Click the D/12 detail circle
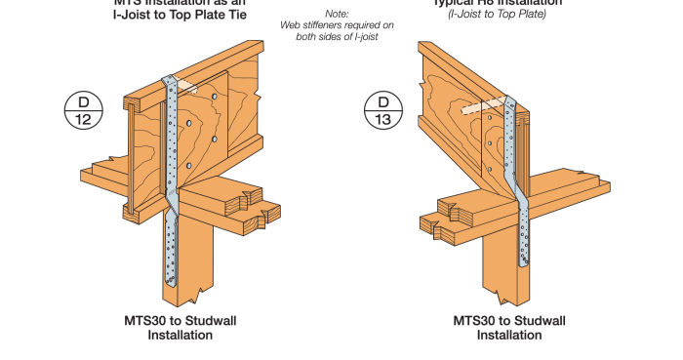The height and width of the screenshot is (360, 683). [x=83, y=110]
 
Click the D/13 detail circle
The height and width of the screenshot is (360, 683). [x=383, y=110]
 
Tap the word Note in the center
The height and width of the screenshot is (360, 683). [x=337, y=14]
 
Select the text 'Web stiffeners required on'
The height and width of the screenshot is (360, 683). [x=337, y=24]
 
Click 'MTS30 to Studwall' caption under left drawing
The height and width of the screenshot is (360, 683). [x=181, y=320]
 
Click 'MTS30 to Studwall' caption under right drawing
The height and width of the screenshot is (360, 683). [x=509, y=320]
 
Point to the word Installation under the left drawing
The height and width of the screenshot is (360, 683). [x=181, y=335]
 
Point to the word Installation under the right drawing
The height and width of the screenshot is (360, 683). [x=509, y=335]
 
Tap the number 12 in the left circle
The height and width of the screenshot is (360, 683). [x=83, y=119]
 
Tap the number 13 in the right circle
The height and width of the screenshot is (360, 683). [x=383, y=119]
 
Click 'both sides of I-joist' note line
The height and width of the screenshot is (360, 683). [x=337, y=36]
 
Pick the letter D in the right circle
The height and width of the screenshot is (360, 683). [x=383, y=101]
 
